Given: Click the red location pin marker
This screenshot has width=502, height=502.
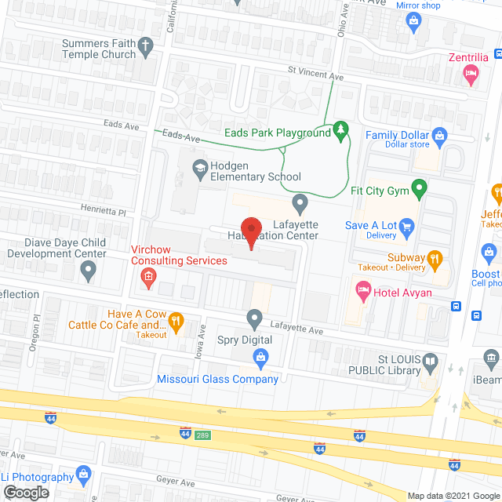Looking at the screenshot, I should point(249,233).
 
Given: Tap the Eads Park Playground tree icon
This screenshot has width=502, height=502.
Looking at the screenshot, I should point(340,129).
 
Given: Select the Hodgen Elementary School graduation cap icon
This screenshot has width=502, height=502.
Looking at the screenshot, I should point(200,167).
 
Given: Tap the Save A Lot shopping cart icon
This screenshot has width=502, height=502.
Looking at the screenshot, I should point(406,229).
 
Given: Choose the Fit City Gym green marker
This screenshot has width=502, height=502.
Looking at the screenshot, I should point(420,188).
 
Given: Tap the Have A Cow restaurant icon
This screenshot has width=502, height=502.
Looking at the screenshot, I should point(177,320).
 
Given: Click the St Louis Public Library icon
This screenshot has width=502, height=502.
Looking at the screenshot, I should point(430,362).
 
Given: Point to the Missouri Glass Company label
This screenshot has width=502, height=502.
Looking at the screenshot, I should point(218,380).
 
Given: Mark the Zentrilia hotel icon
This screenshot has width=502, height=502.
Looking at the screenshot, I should point(471,75).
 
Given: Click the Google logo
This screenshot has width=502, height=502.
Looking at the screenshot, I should point(25,493).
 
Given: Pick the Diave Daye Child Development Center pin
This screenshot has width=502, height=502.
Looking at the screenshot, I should point(88,271).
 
